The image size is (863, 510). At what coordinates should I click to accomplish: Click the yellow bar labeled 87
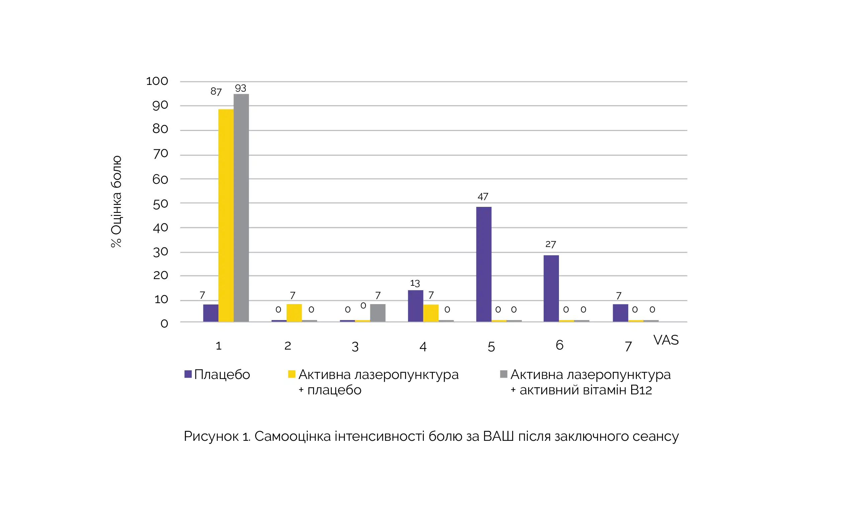point(226,216)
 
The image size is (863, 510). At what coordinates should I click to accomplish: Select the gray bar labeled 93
point(241,208)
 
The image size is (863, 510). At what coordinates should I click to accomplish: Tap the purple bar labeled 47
point(484,264)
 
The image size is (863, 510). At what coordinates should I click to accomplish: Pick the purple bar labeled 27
point(551,288)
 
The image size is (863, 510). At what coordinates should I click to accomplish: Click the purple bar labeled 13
point(415,306)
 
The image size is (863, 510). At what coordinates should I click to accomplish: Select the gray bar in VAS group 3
point(378,313)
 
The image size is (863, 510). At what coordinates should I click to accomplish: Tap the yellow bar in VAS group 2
point(294,313)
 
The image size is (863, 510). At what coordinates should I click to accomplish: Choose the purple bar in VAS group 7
point(620,313)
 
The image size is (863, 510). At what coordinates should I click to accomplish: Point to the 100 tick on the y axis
point(157,82)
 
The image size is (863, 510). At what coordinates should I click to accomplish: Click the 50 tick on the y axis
point(160,204)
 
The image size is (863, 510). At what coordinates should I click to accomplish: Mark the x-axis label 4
point(423,347)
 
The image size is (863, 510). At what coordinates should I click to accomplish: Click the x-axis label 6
point(559,345)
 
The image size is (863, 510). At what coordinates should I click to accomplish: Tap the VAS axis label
point(666,340)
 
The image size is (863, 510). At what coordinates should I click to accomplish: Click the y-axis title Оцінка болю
point(116,202)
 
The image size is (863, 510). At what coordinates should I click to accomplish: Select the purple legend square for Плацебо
point(188,374)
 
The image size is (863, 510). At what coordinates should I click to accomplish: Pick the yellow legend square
point(291,374)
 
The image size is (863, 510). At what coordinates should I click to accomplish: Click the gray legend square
point(503,374)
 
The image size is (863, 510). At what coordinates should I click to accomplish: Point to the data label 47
point(483,197)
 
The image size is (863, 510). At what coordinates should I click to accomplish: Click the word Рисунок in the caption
point(211,436)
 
